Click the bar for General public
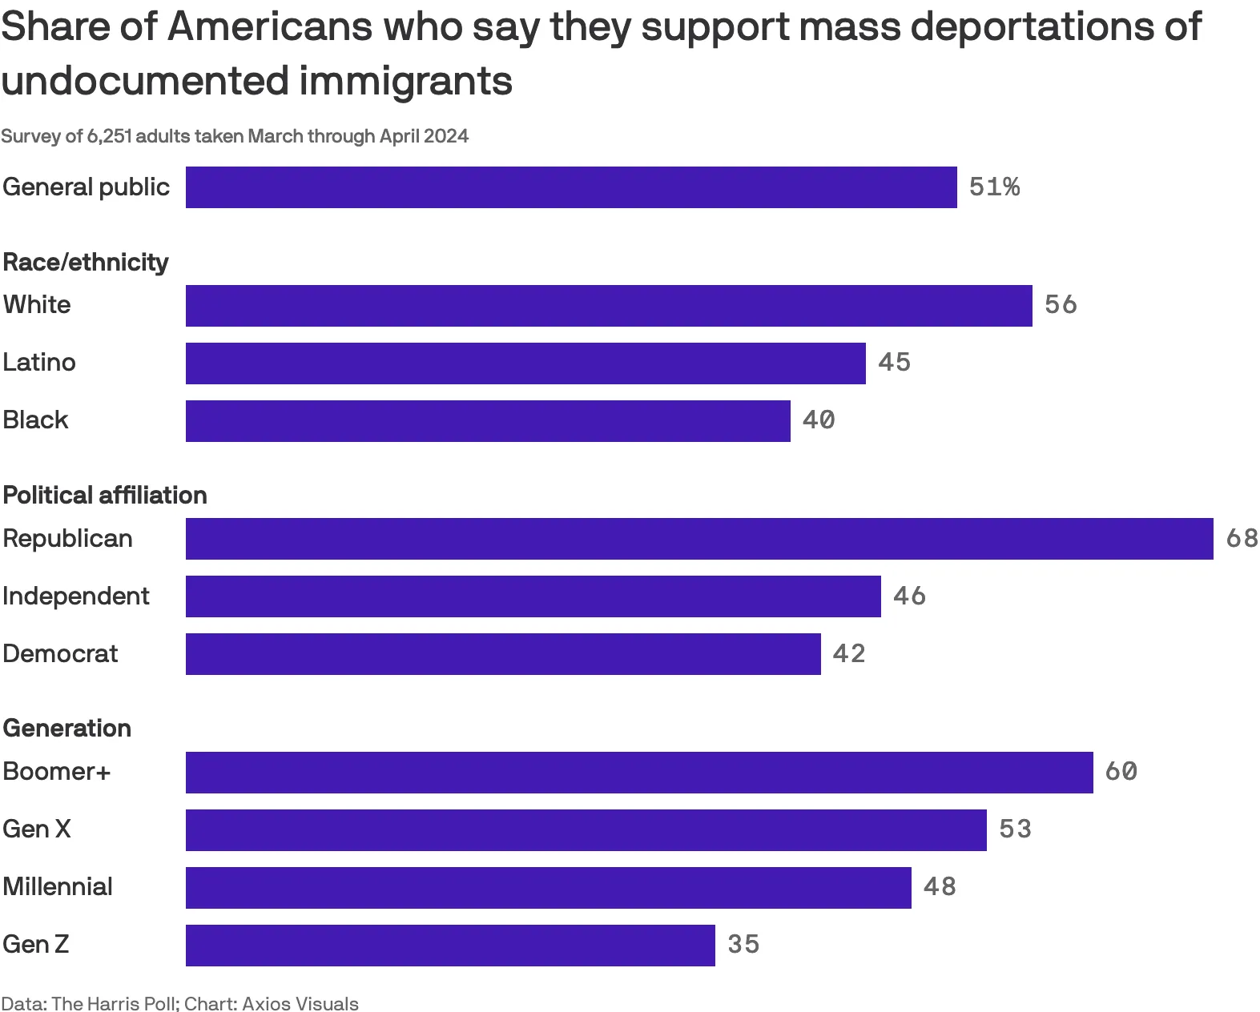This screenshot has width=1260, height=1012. (x=571, y=187)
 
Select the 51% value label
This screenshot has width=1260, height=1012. (x=994, y=187)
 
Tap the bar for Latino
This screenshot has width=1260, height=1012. (x=525, y=363)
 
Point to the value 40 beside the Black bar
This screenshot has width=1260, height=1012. (x=819, y=420)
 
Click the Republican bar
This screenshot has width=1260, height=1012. (x=699, y=539)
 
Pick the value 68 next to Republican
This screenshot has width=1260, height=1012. (x=1242, y=538)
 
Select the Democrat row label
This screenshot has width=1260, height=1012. (x=60, y=654)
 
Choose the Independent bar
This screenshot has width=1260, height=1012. (x=533, y=596)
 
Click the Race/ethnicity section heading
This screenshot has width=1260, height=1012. (x=86, y=262)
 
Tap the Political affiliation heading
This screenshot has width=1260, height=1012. (x=105, y=496)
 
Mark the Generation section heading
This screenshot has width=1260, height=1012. (x=67, y=729)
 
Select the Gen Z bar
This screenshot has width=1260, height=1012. (x=450, y=946)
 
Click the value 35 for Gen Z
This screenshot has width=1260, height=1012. (x=743, y=945)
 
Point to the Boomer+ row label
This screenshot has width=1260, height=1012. (x=56, y=772)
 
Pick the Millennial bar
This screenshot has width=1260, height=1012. (x=548, y=888)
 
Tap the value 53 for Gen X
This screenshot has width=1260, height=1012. (x=1015, y=829)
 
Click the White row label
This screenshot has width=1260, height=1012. (x=37, y=305)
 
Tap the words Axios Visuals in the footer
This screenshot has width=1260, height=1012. (x=300, y=1003)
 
